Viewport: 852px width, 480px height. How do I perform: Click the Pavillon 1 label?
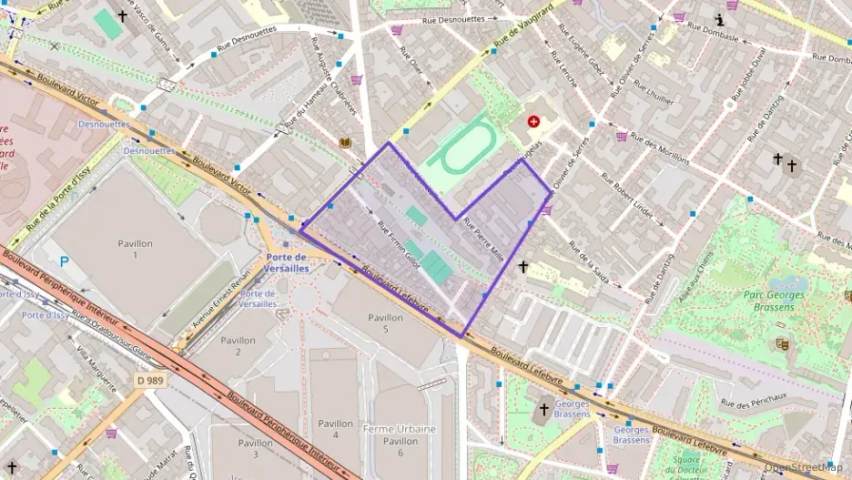click(x=135, y=249)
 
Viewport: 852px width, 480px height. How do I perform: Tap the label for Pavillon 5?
click(x=385, y=323)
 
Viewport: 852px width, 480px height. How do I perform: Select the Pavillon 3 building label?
click(x=256, y=448)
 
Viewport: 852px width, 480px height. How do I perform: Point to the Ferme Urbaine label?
click(x=399, y=429)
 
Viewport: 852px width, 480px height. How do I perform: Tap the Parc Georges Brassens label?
click(x=774, y=301)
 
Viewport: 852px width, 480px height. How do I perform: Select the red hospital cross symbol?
click(x=533, y=121)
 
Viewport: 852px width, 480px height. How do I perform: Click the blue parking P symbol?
click(x=64, y=261)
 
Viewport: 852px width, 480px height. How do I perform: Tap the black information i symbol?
click(x=719, y=20)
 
